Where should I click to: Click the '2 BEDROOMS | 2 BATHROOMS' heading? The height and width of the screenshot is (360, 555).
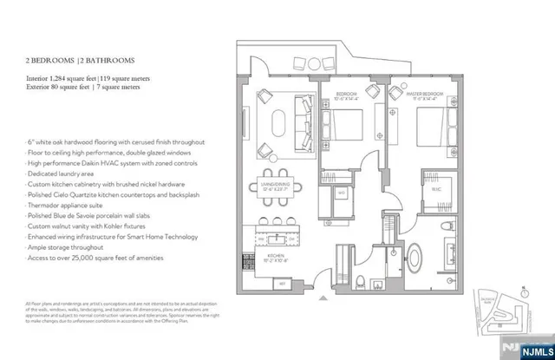[x=80, y=60]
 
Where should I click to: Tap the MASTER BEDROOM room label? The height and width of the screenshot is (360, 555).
[x=425, y=93]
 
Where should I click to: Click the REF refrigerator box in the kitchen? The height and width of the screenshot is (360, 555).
[x=282, y=283]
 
